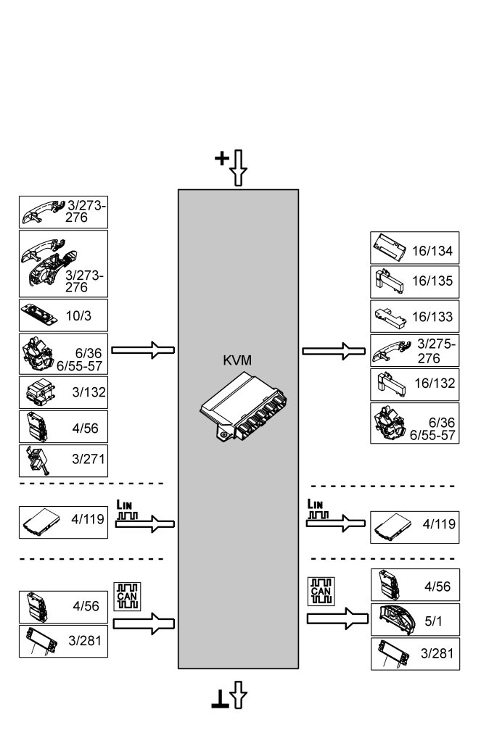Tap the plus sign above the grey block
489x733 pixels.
[x=222, y=157]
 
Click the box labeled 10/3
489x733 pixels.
[x=63, y=315]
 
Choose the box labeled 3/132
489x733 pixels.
[x=63, y=392]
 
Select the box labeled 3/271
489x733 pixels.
[x=63, y=460]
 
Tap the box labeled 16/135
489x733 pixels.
[x=414, y=281]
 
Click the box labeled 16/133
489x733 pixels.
[x=414, y=316]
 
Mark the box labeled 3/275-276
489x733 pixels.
[x=414, y=351]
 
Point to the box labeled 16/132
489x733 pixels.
[x=414, y=384]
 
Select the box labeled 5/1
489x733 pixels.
[x=414, y=619]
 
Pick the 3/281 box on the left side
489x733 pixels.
[x=63, y=641]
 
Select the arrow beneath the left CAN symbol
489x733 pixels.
[x=144, y=622]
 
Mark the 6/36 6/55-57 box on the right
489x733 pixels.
[x=414, y=424]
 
